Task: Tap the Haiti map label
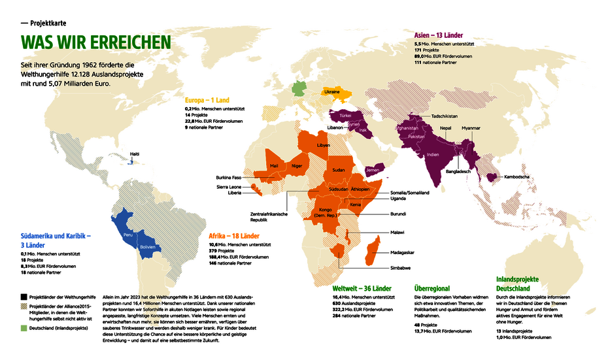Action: click(134, 154)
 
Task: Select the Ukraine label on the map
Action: click(332, 92)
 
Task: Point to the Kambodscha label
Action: click(516, 176)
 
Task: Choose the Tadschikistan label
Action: click(444, 116)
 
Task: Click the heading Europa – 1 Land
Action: click(207, 100)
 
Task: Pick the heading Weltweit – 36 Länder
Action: click(362, 288)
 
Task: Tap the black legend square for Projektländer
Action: click(24, 296)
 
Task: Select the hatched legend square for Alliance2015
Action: click(24, 307)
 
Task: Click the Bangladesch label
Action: click(458, 171)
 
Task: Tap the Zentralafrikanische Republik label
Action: click(269, 217)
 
